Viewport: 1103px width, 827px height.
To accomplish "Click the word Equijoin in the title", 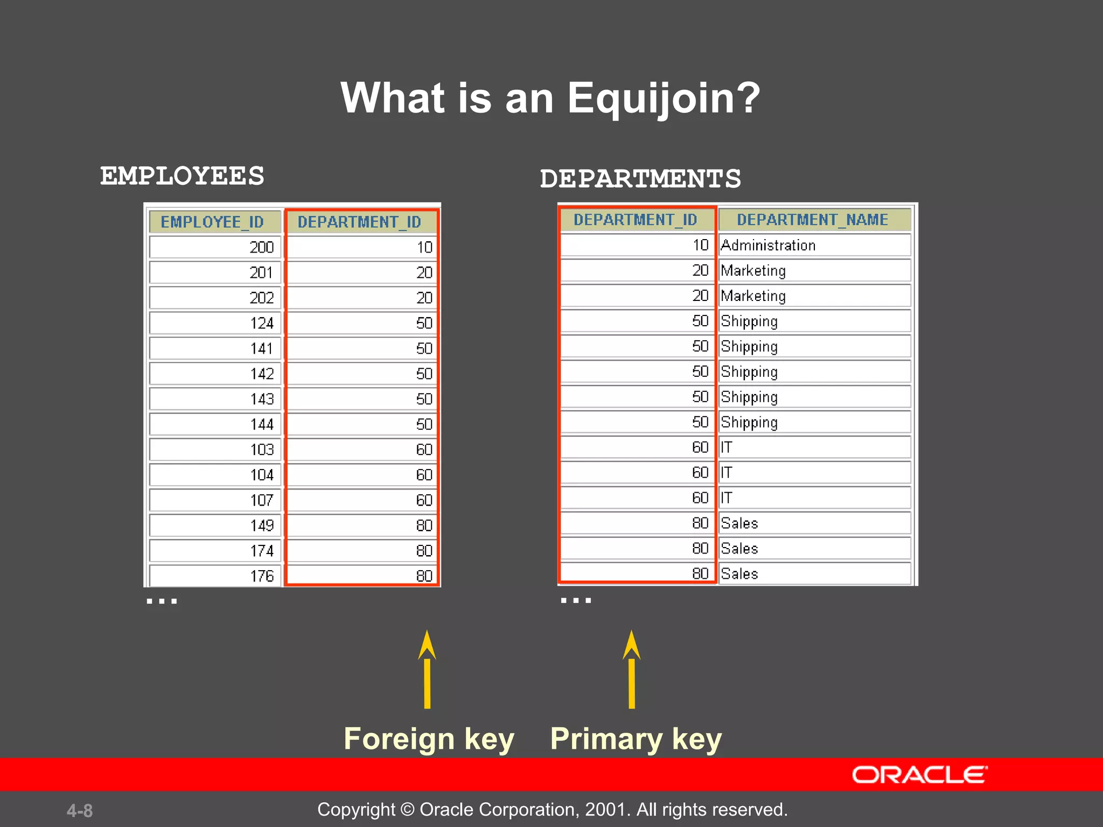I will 664,99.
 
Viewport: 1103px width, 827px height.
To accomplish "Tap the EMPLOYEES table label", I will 182,176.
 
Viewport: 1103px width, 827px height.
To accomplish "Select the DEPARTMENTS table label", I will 640,179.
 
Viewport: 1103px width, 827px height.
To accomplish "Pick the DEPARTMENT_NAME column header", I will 812,220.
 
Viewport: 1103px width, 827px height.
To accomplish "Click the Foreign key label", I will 429,739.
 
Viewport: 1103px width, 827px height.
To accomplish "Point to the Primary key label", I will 636,739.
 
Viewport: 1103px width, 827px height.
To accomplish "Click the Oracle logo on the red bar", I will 919,775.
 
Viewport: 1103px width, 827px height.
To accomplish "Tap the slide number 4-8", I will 80,810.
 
